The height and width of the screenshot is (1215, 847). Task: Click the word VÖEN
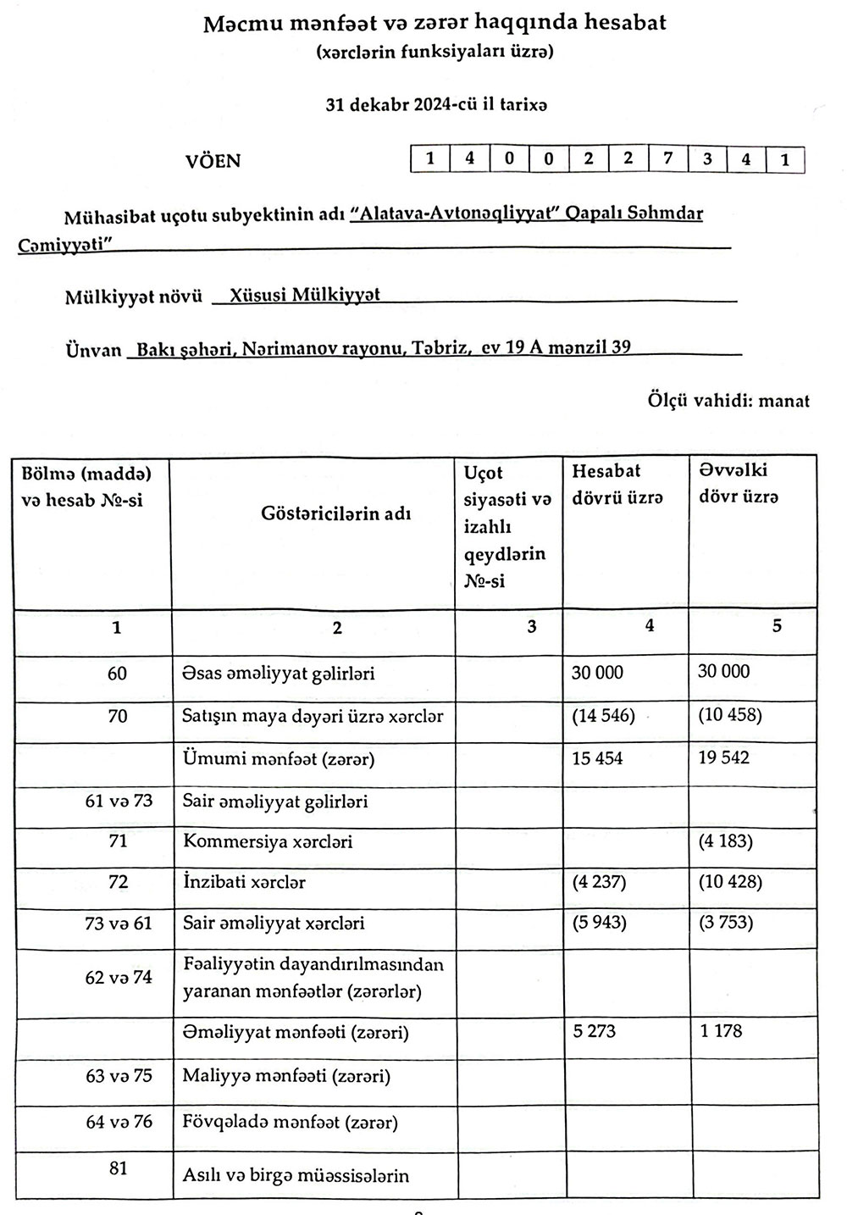coord(213,161)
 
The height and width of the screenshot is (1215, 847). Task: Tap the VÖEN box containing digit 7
coord(667,159)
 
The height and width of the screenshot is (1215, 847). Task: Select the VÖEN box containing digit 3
coord(706,159)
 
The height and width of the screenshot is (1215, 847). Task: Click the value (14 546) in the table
coord(603,715)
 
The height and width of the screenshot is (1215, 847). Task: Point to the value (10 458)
coord(730,715)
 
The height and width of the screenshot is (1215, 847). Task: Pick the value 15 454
coord(597,758)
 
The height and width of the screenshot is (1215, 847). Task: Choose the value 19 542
coord(723,757)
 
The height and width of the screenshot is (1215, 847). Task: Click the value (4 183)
coord(725,841)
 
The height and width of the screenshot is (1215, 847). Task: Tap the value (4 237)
coord(599,882)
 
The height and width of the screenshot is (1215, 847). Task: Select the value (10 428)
coord(730,882)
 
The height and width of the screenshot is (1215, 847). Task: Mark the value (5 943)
coord(599,922)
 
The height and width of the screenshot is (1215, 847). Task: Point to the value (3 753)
coord(725,922)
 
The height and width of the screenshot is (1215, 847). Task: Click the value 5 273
coord(594,1031)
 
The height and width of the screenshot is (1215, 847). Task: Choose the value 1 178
coord(721,1031)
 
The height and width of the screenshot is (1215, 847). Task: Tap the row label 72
coord(118,882)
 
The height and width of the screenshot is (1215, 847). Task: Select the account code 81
coord(118,1168)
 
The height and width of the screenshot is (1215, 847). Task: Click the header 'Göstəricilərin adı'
coord(336,513)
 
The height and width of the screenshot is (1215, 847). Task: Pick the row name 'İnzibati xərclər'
coord(244,882)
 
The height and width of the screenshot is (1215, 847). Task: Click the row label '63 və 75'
coord(119,1076)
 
